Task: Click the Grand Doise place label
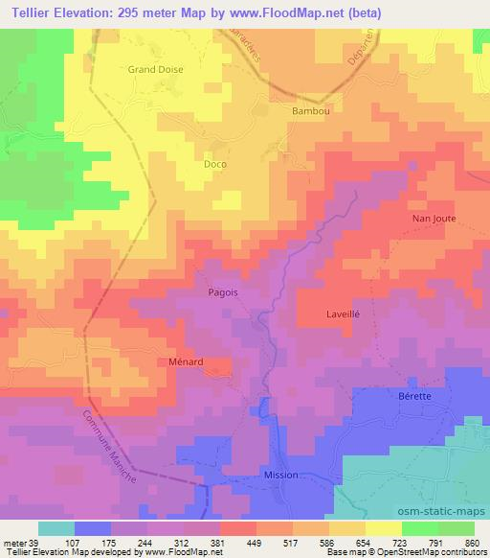[155, 69]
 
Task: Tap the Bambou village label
[309, 111]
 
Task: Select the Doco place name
[215, 164]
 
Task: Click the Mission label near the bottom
[281, 475]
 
